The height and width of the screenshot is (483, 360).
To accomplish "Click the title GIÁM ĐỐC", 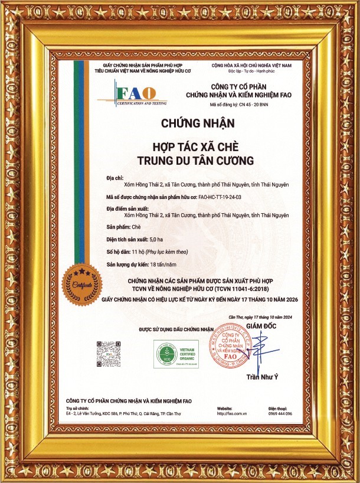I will tap(261, 326).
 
